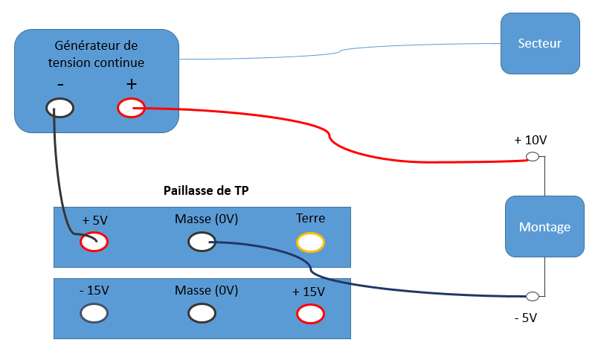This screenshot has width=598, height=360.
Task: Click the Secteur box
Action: [540, 43]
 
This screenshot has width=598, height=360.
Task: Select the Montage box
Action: [544, 227]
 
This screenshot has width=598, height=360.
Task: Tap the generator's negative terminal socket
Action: [60, 108]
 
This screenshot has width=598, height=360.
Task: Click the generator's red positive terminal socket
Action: [132, 109]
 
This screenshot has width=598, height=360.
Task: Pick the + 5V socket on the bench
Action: [94, 242]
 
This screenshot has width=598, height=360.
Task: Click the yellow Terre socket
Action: [310, 242]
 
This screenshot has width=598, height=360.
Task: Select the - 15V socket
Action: [94, 314]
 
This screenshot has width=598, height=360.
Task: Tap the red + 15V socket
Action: [310, 314]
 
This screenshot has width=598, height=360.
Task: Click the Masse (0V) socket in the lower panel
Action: [202, 314]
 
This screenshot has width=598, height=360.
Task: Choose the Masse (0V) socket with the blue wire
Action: [202, 242]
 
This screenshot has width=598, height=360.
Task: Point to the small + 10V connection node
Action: [533, 157]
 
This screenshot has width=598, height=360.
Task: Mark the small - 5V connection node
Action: [533, 297]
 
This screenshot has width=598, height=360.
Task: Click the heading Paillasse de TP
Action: [206, 190]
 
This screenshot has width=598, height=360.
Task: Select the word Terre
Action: [310, 219]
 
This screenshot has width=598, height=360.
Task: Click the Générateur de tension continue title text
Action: [97, 54]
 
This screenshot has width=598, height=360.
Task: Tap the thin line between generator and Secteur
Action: [339, 51]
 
